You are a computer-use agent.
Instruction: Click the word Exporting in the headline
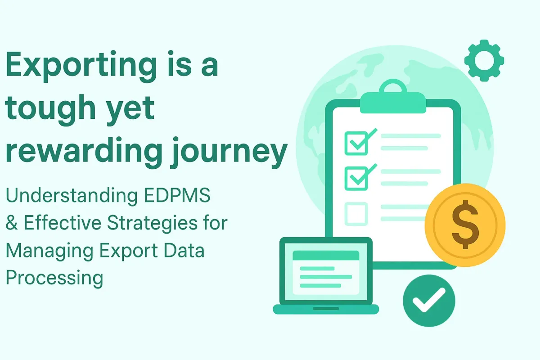81,66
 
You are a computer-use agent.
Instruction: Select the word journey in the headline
229,153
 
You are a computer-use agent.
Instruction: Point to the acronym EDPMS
177,195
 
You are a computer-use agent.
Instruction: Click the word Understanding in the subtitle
72,196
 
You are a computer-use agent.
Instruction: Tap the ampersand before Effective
12,223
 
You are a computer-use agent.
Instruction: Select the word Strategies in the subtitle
153,224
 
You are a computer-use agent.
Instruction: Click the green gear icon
484,60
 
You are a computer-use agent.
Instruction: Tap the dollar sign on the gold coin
465,225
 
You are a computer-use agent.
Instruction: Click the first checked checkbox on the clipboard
356,143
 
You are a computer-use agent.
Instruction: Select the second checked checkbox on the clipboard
356,179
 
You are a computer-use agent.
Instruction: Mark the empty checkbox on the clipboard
356,214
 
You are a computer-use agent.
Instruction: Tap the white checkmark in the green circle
429,300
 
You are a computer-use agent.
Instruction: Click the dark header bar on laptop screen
326,255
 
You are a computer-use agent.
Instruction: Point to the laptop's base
326,309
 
